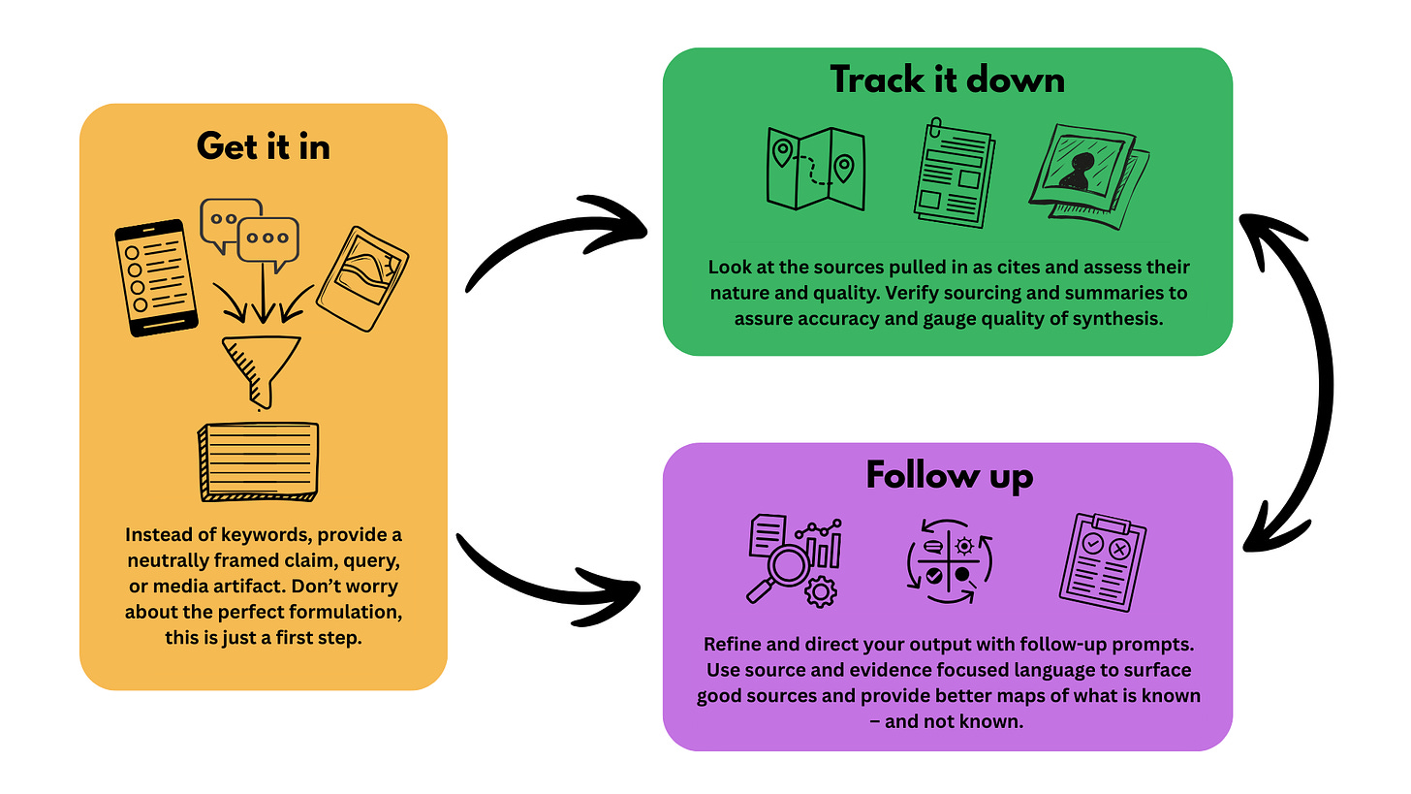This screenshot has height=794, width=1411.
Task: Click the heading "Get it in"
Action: point(263,145)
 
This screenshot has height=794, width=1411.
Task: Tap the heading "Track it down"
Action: point(947,79)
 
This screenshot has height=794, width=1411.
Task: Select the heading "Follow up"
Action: point(949,475)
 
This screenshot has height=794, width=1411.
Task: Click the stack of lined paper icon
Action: point(259,461)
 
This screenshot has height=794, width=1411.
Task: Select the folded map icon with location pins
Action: point(814,169)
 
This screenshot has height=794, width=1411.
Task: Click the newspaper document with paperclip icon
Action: point(952,170)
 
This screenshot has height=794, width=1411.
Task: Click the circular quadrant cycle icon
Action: point(948,560)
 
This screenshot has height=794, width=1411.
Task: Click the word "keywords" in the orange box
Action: point(257,536)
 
